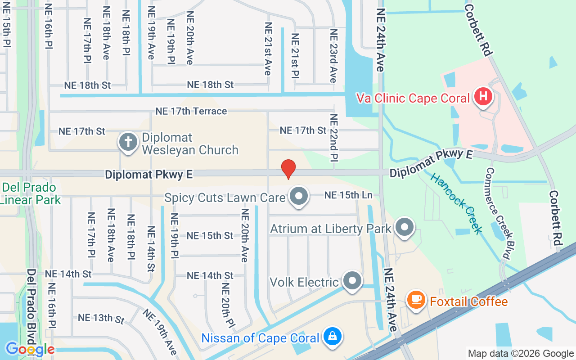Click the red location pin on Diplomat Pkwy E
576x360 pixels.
point(288,169)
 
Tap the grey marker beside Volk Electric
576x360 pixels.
point(352,281)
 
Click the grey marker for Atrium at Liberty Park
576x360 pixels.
point(405,228)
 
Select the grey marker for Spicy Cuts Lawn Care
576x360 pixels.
point(298,197)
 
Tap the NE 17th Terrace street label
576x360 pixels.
point(191,111)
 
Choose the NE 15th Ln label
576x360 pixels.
point(348,195)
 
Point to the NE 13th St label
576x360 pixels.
point(101,318)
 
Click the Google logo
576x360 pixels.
point(30,349)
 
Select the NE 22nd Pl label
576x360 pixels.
point(333,137)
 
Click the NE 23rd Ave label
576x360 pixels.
point(333,56)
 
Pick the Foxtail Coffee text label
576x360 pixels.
point(468,301)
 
